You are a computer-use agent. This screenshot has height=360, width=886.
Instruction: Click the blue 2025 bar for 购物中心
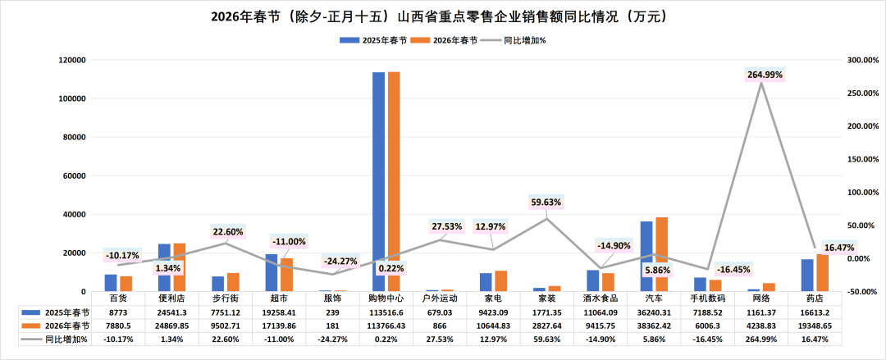378,180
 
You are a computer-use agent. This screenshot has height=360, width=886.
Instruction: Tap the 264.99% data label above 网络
765,75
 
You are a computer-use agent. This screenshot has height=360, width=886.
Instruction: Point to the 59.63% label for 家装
546,202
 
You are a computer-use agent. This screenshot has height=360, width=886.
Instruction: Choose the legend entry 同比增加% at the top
524,39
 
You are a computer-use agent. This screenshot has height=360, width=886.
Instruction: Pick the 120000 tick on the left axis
73,60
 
